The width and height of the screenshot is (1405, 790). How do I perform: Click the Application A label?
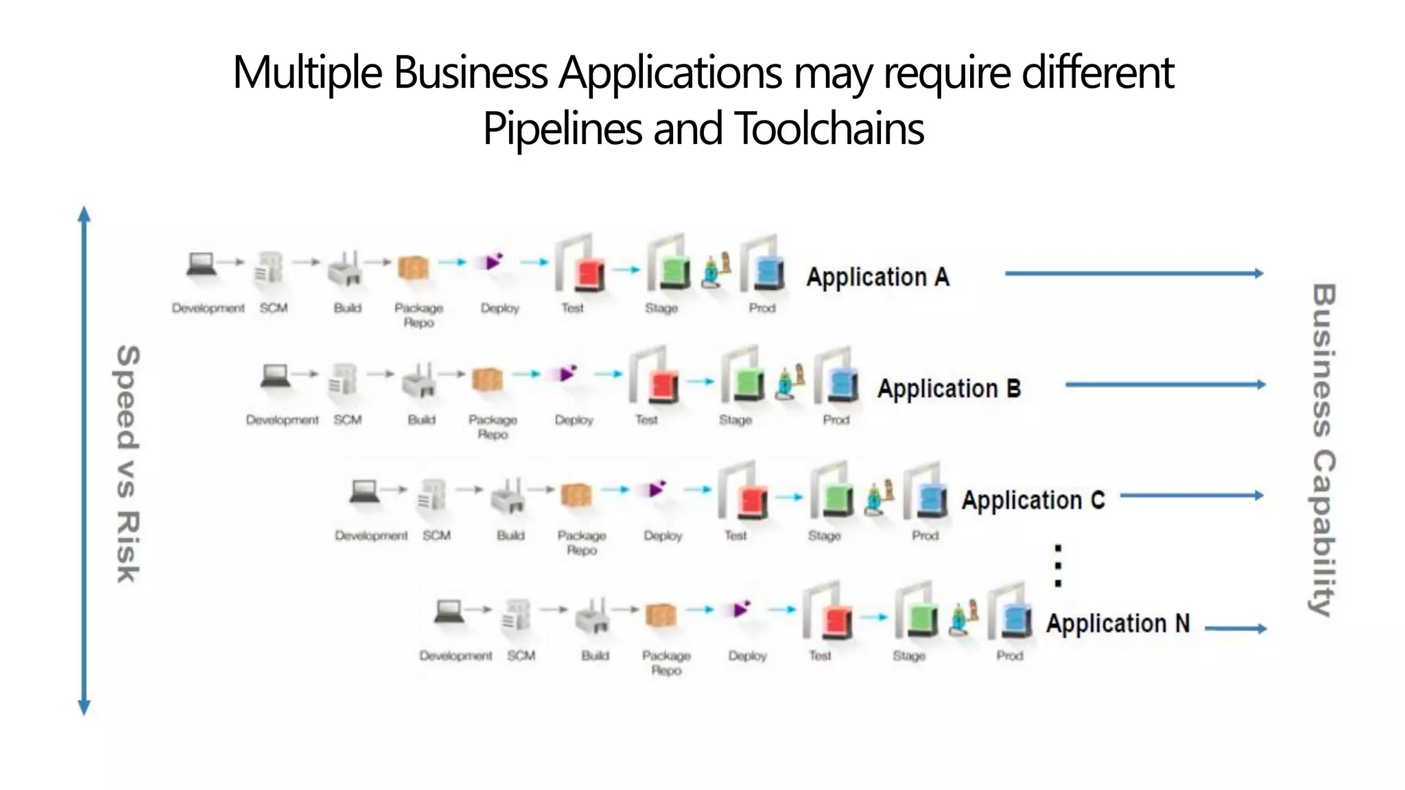pos(877,277)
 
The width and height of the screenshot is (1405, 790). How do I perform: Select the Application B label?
pos(949,389)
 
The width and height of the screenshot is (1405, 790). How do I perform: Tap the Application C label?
pos(1032,500)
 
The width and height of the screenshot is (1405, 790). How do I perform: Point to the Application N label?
pos(1117,623)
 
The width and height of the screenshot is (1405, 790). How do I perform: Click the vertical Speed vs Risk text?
pos(127,464)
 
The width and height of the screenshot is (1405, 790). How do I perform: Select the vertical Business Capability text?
pos(1323,449)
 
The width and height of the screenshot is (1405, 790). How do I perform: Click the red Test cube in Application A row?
pos(589,274)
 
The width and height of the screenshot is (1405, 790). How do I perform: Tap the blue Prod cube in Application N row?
pos(1016,621)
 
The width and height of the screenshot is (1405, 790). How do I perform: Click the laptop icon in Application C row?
pos(364,491)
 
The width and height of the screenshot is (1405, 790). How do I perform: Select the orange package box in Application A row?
pos(413,267)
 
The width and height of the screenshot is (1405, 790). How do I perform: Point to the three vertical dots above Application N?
pos(1058,566)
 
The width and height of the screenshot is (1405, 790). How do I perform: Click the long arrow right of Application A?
pos(1133,274)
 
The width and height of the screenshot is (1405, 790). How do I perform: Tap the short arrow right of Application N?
pos(1236,628)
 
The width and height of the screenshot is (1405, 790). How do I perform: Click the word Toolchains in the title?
pos(829,129)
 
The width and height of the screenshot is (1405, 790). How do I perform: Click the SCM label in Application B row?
pos(347,420)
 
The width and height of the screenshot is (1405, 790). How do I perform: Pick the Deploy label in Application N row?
pos(747,656)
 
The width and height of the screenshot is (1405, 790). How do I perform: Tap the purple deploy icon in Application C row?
pos(657,489)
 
